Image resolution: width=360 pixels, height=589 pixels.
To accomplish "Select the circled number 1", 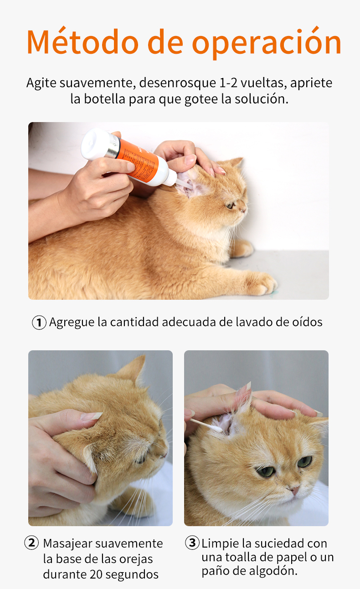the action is click(x=39, y=323).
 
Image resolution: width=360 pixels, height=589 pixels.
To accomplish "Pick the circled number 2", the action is click(x=31, y=543).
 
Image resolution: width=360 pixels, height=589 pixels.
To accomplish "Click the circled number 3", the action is click(x=192, y=543).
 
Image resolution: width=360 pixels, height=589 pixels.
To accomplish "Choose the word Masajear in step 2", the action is click(x=67, y=544).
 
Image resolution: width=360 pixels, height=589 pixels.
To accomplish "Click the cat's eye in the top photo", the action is click(x=230, y=205).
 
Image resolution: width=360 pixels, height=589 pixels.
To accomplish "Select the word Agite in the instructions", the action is click(x=41, y=83).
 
